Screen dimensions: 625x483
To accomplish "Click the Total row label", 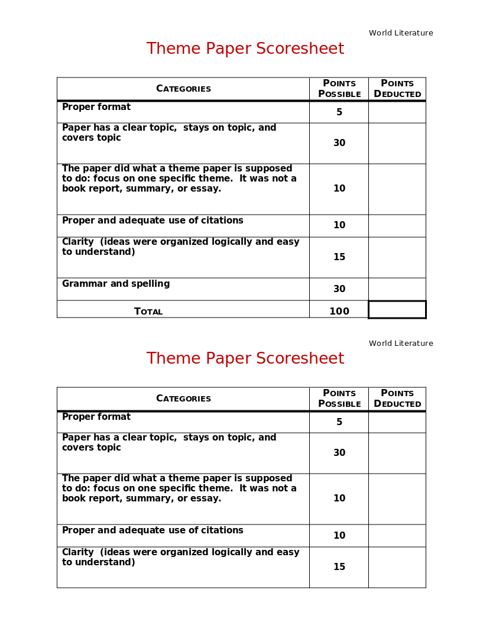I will (x=148, y=312).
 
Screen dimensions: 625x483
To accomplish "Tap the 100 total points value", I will (x=339, y=312).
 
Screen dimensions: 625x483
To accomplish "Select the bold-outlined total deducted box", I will (x=397, y=310).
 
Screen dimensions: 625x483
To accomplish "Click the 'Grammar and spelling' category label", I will (x=116, y=284).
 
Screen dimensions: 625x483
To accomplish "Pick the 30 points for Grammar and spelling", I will (x=339, y=289).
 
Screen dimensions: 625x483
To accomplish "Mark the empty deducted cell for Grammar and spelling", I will (x=397, y=289).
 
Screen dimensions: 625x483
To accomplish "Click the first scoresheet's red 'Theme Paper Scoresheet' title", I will (x=245, y=49).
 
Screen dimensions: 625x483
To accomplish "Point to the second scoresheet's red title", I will (x=245, y=359).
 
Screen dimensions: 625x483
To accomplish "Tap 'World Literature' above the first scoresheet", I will (x=401, y=33).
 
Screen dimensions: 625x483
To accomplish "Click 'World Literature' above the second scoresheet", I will (x=401, y=344).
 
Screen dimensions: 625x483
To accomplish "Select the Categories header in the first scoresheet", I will (x=183, y=89).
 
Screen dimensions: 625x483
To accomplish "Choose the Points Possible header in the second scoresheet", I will (x=339, y=399).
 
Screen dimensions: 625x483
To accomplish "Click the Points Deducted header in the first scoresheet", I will (x=397, y=89).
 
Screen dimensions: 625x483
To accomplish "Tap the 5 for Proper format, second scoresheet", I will (x=339, y=422).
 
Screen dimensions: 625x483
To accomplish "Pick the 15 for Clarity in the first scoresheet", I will (x=339, y=257).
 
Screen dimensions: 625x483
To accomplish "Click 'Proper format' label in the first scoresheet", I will (x=96, y=107).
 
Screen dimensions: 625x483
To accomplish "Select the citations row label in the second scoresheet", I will (x=153, y=530).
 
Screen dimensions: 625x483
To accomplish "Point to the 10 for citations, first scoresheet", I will (x=339, y=225).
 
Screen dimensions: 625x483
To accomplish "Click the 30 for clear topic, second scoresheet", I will (x=339, y=453).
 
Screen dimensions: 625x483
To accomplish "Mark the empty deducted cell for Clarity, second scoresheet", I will (x=397, y=567).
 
